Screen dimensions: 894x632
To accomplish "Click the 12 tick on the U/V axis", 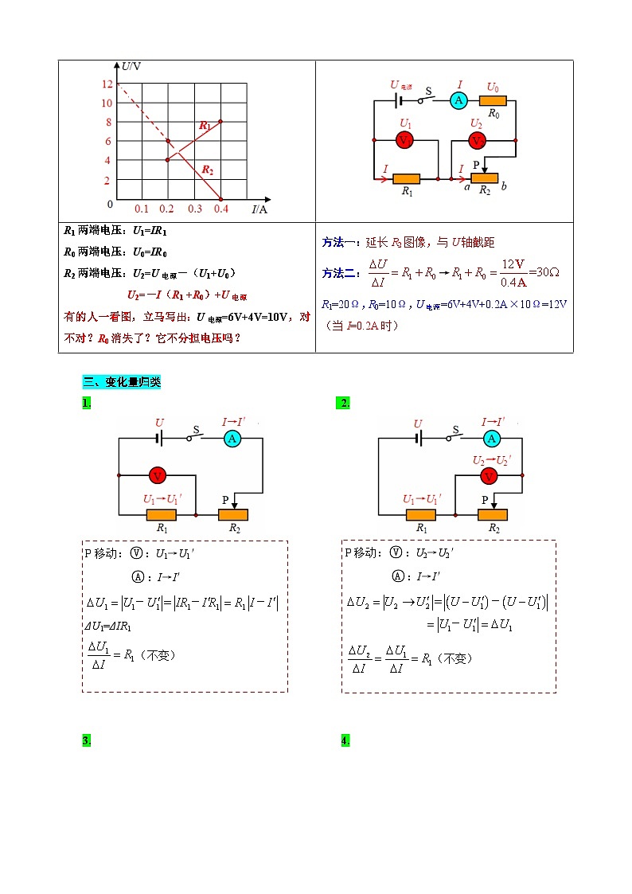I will pos(107,84).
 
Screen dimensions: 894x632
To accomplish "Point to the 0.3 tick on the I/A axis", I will pos(194,209).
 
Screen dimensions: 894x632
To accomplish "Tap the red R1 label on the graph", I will pos(205,126).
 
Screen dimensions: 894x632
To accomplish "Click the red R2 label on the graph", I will pos(207,170).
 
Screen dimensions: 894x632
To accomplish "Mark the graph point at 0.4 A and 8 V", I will pos(220,121).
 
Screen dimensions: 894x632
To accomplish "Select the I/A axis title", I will pos(259,209).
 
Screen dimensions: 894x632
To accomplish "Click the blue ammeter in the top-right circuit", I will pos(458,100).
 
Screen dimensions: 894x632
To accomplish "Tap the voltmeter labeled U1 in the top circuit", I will pos(404,140).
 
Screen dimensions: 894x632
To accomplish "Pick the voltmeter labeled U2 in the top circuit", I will pos(477,140).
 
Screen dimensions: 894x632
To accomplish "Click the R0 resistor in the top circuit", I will pos(494,101).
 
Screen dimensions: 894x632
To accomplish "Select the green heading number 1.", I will pos(86,404).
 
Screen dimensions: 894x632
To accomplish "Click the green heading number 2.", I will pos(344,404).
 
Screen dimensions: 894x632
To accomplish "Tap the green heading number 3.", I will pos(86,741).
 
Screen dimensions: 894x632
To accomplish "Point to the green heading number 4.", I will pos(345,741).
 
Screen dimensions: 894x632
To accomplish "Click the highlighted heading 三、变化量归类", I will pos(121,382).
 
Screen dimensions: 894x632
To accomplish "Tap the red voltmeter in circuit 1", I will pos(158,475).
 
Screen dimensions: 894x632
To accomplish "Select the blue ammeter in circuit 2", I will pos(492,438).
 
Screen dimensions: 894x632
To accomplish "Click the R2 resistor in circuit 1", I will pos(233,514).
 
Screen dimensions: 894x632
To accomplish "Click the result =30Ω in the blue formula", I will pos(544,272).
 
